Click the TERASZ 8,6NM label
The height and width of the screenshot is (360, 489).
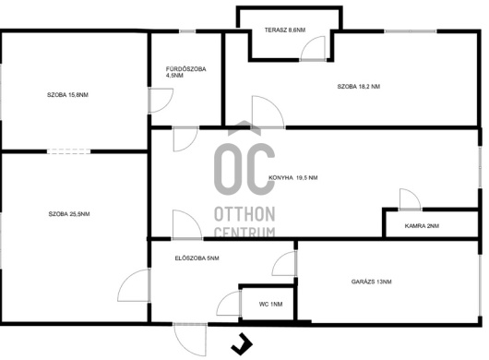pos(285,30)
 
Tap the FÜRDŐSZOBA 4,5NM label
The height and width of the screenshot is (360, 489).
pos(185,72)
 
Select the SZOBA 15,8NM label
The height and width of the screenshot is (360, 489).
pos(67,95)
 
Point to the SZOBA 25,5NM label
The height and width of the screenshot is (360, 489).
pos(69,214)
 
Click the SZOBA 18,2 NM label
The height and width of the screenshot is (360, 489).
pos(359,87)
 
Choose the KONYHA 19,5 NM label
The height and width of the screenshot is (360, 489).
pos(293,178)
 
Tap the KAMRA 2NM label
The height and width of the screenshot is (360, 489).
pos(422,226)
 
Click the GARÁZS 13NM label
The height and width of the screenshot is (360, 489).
pos(372,282)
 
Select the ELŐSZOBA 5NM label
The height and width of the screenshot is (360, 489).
pos(197,258)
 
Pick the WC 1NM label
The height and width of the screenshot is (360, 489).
pos(270,305)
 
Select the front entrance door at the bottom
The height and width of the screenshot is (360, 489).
pos(190,340)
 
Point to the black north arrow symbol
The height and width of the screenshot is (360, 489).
pos(242,344)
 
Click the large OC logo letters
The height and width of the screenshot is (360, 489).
pos(244,169)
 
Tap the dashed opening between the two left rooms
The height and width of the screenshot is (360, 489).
pos(68,151)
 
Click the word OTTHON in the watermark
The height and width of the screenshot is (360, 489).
pos(244,214)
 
